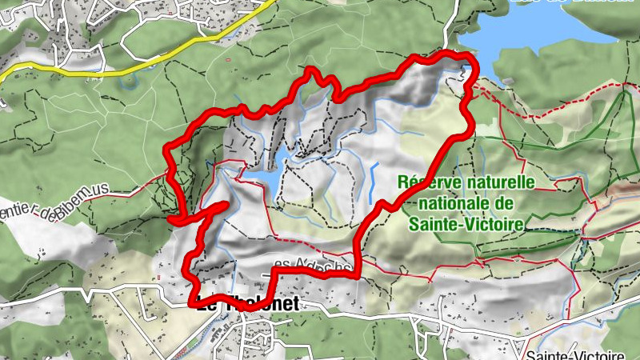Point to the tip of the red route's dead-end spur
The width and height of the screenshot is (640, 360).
pyautogui.click(x=226, y=206)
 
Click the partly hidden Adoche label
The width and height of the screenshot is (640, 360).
pyautogui.click(x=312, y=265)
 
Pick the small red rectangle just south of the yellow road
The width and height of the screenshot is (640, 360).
pyautogui.click(x=230, y=58)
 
